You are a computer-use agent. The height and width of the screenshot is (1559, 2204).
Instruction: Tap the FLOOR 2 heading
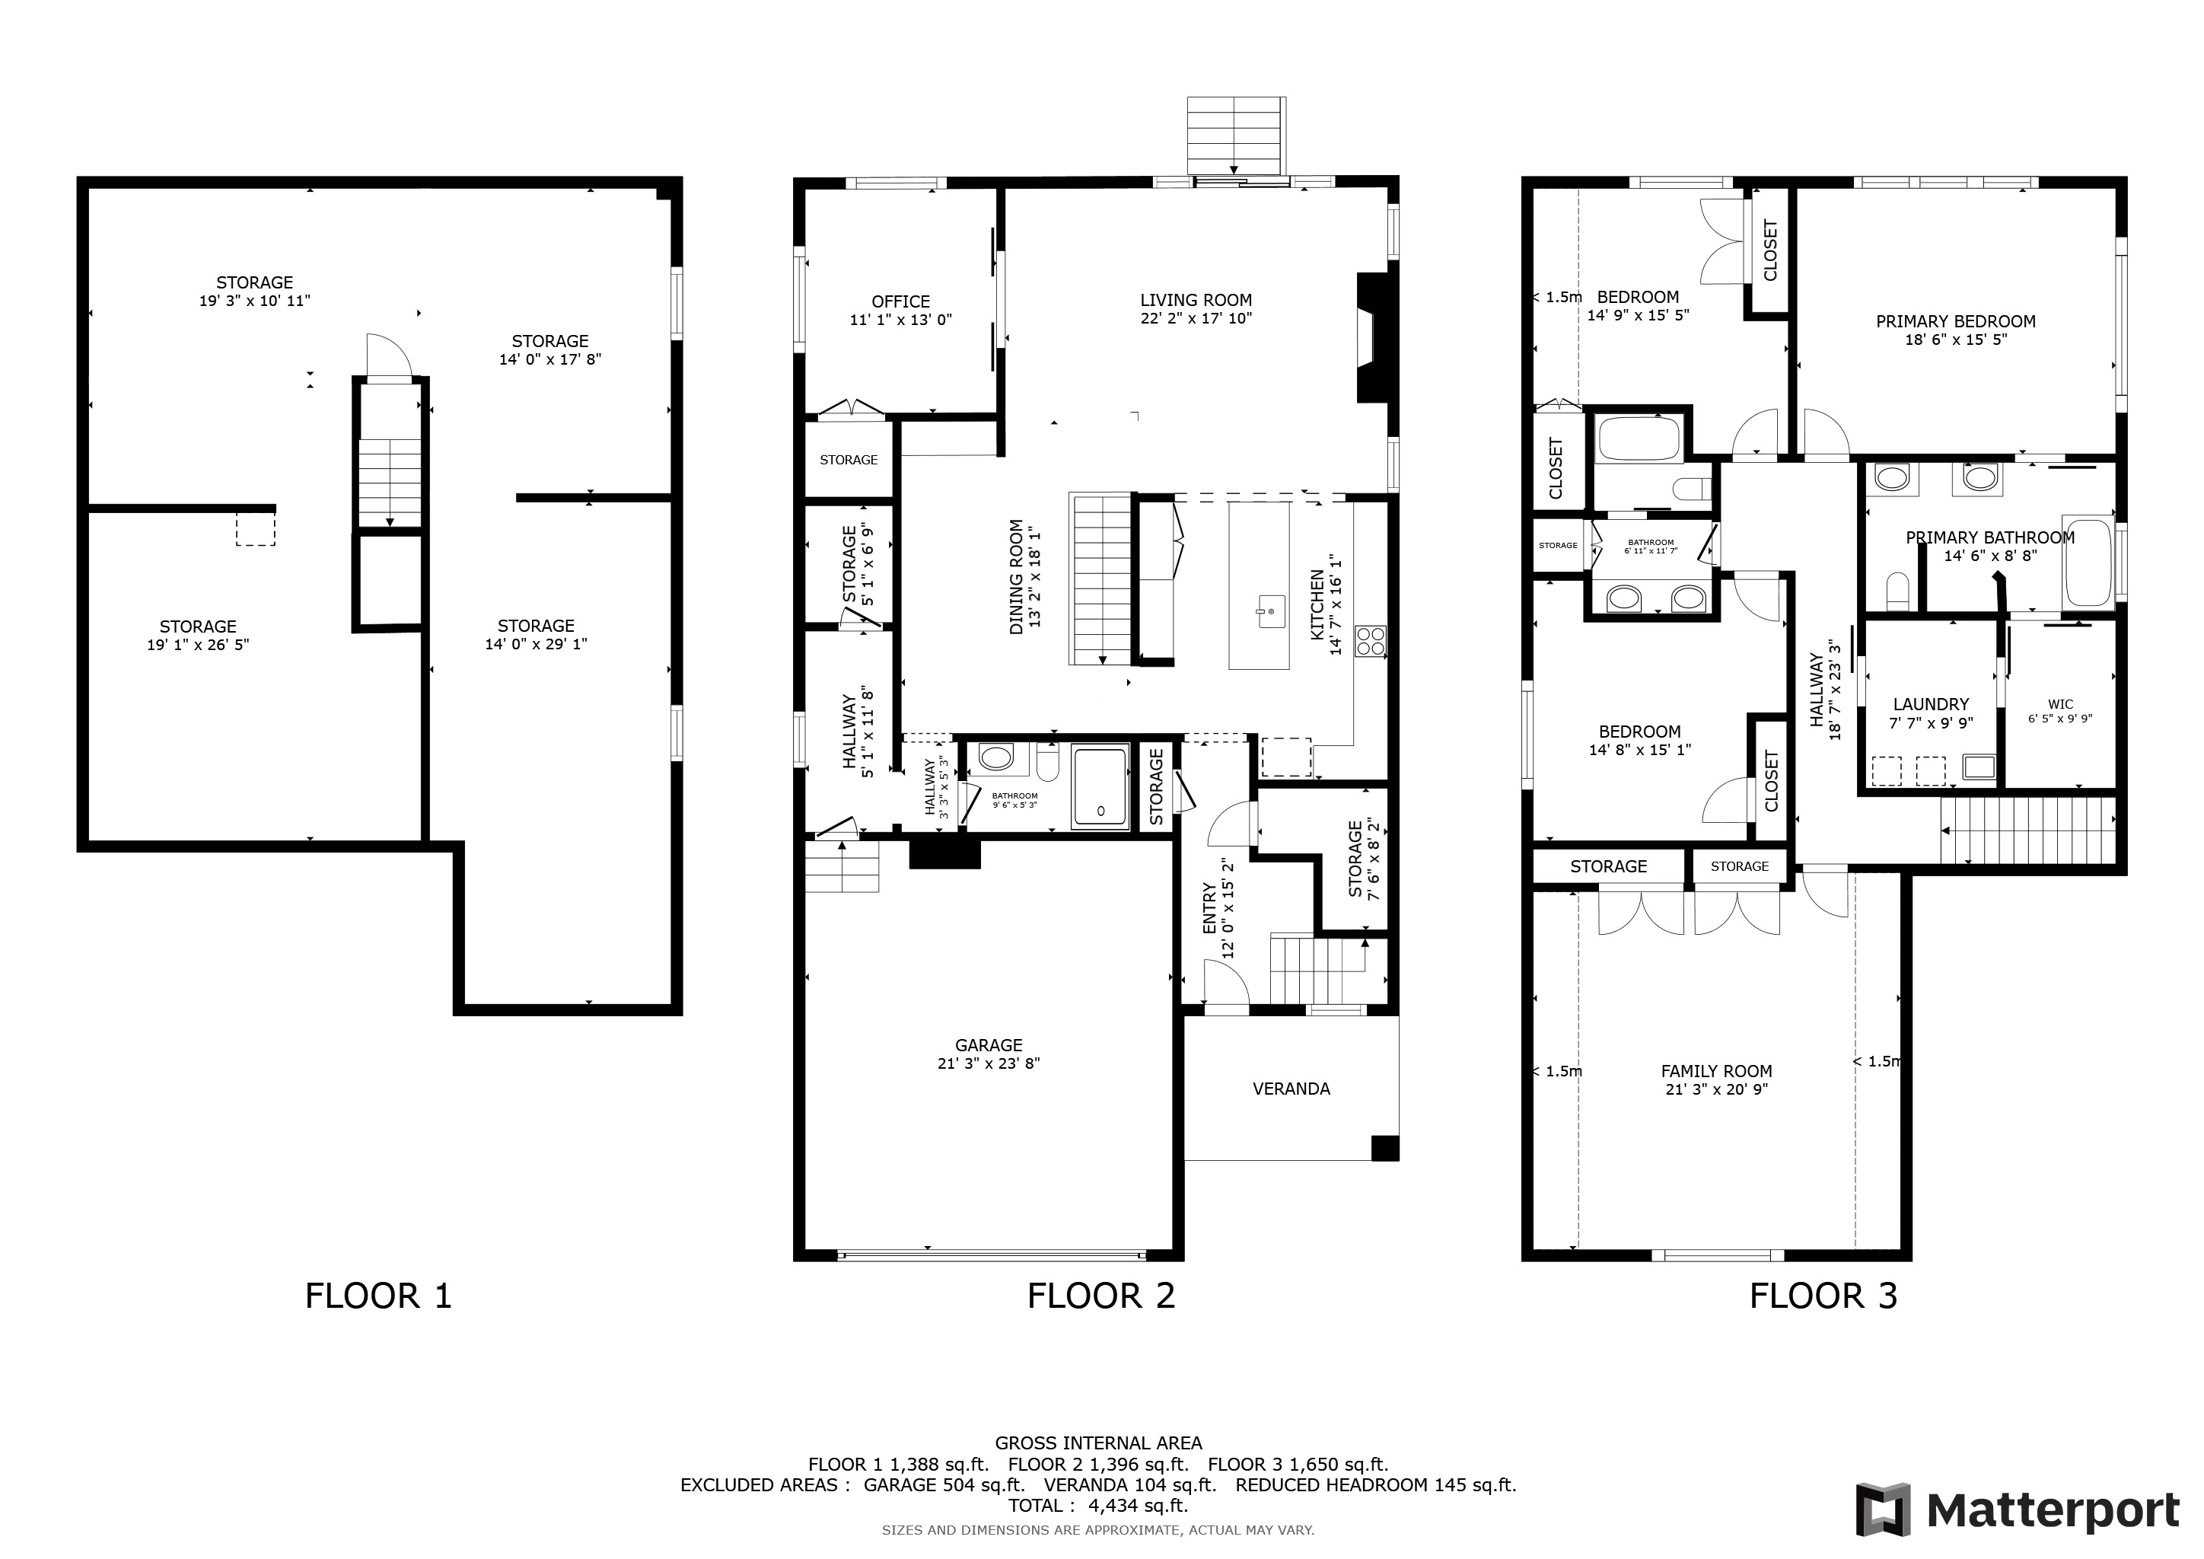coord(1101,1296)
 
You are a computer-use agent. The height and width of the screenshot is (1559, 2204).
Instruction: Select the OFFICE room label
coord(900,301)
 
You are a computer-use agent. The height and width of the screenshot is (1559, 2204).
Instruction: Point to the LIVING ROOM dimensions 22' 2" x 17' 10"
coord(1196,319)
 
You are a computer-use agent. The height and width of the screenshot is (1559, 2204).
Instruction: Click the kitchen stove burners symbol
coord(1370,640)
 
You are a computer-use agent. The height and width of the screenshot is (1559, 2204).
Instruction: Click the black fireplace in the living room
coord(1371,338)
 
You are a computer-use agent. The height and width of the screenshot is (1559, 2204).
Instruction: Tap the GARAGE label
coord(989,1044)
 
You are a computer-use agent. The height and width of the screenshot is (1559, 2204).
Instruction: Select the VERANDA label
coord(1291,1089)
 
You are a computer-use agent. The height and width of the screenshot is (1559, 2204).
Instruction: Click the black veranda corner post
coord(1385,1148)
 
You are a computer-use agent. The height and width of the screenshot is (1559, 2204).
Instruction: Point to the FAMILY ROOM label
coord(1716,1071)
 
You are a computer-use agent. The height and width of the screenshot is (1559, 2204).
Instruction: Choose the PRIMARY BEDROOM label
coord(1955,321)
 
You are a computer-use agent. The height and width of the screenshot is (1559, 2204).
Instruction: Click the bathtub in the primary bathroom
coord(2088,563)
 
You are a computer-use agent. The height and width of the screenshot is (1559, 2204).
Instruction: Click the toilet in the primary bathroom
coord(1898,591)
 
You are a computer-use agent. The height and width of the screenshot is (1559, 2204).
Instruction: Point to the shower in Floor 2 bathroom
coord(1100,786)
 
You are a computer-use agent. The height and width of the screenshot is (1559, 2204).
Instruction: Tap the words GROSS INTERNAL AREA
coord(1098,1443)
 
